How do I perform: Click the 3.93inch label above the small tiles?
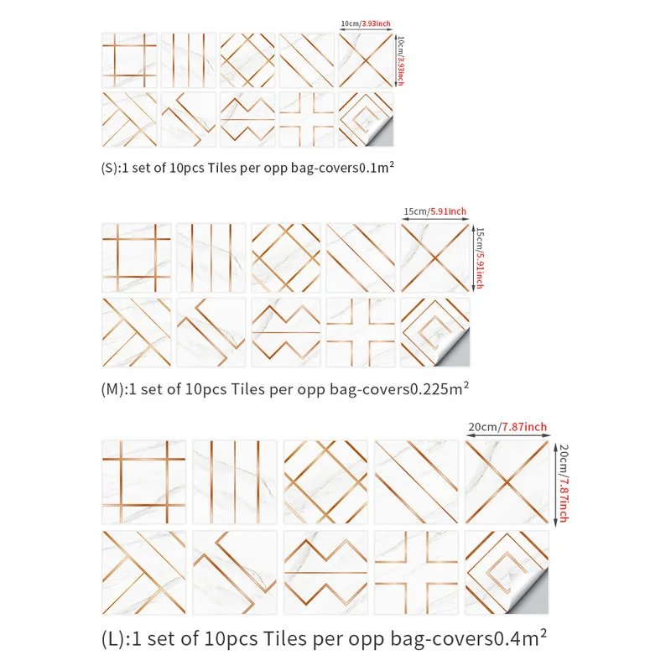point(376,23)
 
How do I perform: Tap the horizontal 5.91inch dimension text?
point(448,211)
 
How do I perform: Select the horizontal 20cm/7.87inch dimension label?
point(507,427)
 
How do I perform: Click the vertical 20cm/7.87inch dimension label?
point(563,483)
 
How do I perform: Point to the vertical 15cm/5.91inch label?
point(480,258)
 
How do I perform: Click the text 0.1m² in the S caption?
point(377,167)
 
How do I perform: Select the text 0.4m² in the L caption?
point(520,638)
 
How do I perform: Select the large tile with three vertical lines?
point(235,482)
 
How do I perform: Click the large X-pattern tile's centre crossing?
point(507,482)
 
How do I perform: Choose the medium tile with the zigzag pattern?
point(286,332)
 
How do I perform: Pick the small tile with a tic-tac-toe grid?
point(130,60)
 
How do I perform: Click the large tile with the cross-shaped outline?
point(416,573)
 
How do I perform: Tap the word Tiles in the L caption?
point(284,638)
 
